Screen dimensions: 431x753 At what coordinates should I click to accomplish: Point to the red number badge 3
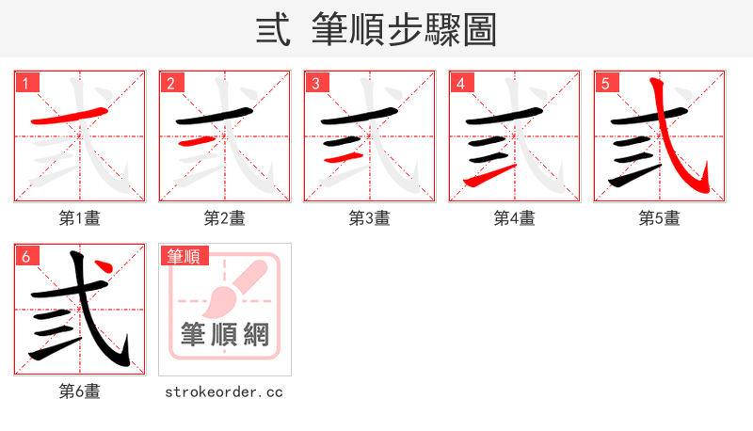click(316, 84)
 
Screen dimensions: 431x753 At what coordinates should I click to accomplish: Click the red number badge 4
click(461, 84)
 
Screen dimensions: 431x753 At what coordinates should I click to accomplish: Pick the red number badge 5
click(606, 84)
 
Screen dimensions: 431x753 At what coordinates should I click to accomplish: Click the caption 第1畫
click(80, 218)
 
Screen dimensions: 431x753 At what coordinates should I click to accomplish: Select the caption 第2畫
click(225, 218)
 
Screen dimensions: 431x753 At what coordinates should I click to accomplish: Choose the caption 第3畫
click(370, 218)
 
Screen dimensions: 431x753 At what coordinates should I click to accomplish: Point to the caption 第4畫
click(515, 218)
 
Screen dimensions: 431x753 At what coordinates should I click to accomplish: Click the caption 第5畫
click(660, 218)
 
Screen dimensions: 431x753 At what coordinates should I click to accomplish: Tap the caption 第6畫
click(80, 391)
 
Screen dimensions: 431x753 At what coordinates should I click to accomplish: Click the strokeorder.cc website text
click(225, 391)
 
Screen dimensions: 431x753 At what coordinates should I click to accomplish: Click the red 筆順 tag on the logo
click(184, 256)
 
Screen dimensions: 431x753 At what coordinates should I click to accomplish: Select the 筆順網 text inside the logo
click(225, 335)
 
